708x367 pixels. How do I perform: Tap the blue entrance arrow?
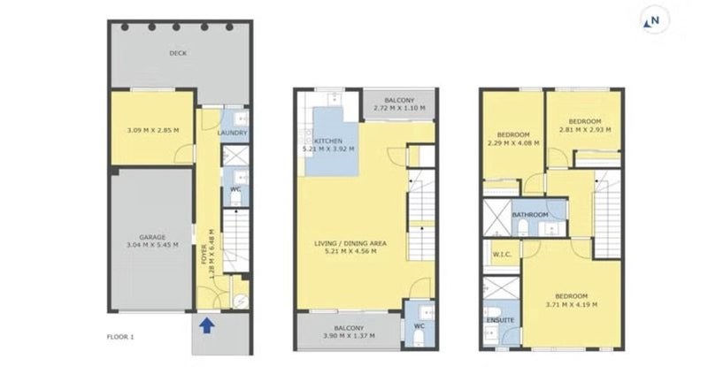pos(206,325)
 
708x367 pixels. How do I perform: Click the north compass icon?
pos(654,19)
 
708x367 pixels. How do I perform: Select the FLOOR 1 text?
pos(120,337)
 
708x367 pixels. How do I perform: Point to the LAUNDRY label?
pos(233,134)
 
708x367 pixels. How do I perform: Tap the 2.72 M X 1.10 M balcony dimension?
pos(399,109)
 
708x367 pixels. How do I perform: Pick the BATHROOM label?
pos(530,215)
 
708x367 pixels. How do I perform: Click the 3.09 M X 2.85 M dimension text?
pos(152,131)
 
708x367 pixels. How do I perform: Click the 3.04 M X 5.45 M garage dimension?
pos(152,245)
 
